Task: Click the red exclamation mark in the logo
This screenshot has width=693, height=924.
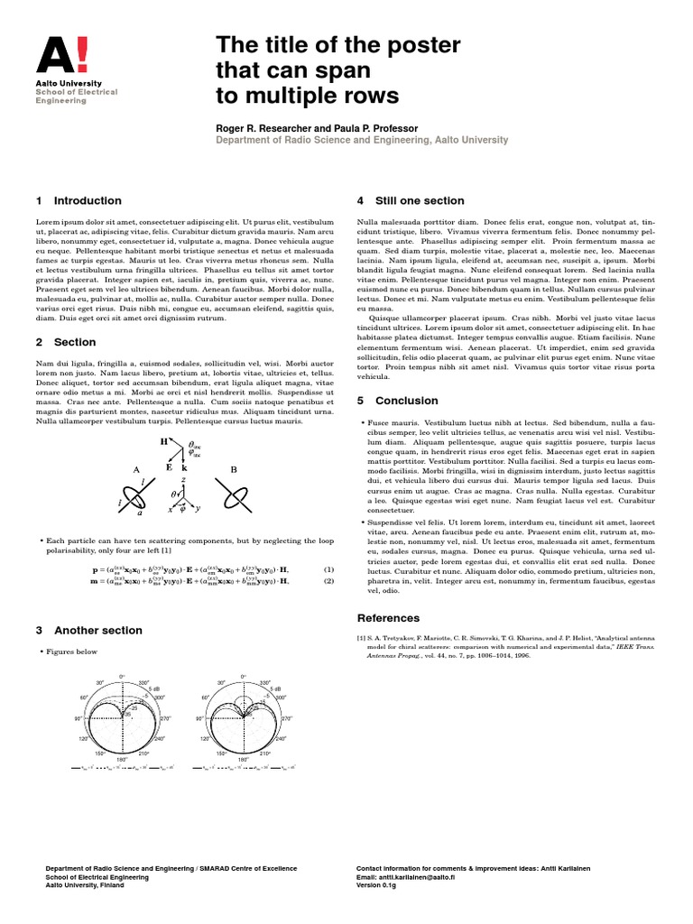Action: click(82, 54)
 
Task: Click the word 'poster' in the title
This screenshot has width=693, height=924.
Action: click(422, 45)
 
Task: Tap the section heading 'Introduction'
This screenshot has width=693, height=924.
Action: click(88, 200)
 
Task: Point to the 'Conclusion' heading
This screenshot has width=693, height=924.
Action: click(407, 400)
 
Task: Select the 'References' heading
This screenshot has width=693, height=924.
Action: click(389, 618)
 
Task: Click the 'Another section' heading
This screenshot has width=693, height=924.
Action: click(97, 630)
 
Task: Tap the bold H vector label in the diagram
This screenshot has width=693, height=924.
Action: click(164, 442)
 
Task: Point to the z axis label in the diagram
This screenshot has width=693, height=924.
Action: click(184, 481)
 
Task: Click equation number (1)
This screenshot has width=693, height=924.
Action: click(328, 569)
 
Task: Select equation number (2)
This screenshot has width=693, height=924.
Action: click(328, 582)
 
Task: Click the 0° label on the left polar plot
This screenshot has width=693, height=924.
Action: click(122, 677)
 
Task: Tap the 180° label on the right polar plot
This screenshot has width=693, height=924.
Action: click(242, 760)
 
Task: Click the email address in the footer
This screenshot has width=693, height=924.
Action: click(407, 876)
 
